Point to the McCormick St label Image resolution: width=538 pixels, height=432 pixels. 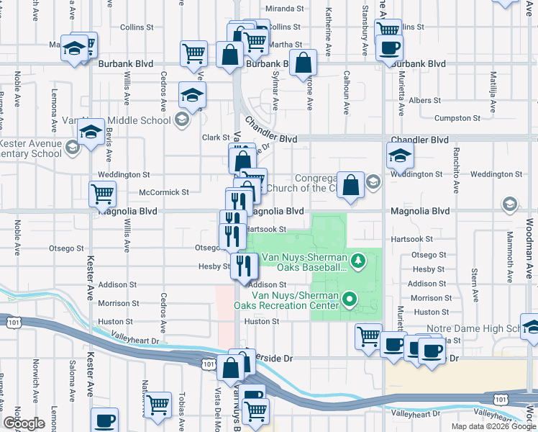point(163,192)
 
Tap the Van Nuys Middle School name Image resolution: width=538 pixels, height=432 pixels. point(118,120)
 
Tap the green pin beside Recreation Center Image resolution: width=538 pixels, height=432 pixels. point(350,298)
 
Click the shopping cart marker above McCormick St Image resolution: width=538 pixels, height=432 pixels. point(103,192)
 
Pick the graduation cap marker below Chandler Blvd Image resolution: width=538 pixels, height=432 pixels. point(400,153)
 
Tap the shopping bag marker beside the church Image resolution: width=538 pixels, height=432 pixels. point(350,184)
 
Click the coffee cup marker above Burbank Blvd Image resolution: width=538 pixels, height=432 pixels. point(389,47)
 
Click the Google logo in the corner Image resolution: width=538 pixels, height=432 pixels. point(24,423)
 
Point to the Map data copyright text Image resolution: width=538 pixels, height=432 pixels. point(493,426)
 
